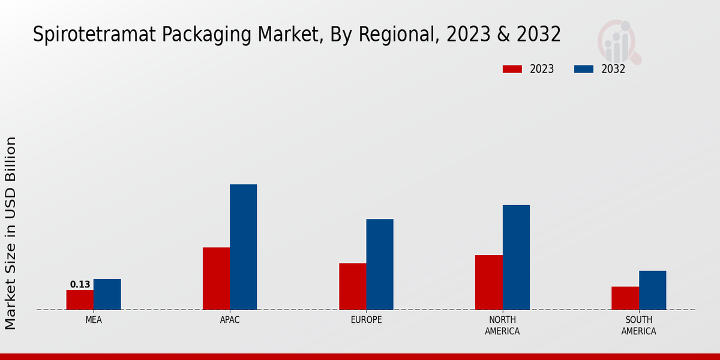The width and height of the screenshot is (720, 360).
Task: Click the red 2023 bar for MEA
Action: [80, 300]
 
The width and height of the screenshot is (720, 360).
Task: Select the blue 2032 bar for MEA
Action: [107, 295]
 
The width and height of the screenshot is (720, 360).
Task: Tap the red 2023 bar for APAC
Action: [216, 278]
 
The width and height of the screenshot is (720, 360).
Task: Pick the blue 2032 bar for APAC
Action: [243, 247]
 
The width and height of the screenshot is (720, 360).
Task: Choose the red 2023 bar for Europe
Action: [352, 286]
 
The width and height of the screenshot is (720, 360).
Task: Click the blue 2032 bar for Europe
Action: [380, 265]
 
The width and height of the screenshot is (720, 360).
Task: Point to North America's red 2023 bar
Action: [488, 283]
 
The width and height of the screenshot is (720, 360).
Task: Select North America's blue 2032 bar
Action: [516, 257]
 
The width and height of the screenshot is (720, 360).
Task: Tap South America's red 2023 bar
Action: [625, 298]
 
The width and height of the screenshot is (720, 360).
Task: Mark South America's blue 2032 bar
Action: [652, 290]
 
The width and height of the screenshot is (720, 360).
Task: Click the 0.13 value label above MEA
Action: [80, 284]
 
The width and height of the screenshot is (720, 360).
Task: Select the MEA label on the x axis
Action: [94, 320]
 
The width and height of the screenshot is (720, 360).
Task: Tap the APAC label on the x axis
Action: [230, 320]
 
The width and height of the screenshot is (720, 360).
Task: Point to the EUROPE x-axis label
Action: [366, 320]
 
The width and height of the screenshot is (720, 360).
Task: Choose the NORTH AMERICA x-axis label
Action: [502, 326]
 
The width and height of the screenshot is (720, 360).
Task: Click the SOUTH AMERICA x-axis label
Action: [638, 326]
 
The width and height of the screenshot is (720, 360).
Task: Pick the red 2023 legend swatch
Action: [512, 69]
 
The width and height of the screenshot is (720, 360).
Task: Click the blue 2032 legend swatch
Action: [583, 69]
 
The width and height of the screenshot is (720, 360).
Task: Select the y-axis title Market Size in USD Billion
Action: [11, 233]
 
